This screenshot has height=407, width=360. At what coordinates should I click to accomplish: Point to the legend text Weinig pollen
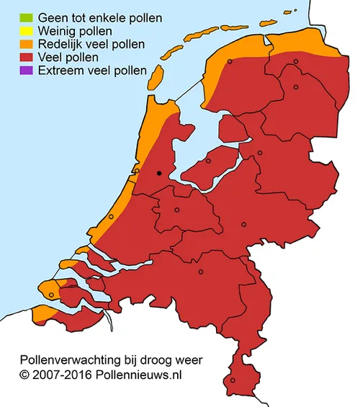(x=75, y=30)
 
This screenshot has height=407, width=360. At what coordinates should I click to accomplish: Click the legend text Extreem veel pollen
(x=92, y=71)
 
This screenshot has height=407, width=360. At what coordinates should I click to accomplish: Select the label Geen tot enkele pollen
(x=99, y=17)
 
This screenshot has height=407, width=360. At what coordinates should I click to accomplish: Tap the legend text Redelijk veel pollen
(x=91, y=44)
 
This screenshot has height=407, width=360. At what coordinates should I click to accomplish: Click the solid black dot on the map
(x=159, y=173)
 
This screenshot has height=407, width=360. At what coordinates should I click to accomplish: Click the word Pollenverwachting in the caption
(x=66, y=359)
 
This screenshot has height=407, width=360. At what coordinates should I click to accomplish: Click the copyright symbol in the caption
(x=24, y=375)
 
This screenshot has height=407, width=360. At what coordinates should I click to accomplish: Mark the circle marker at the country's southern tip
(x=232, y=380)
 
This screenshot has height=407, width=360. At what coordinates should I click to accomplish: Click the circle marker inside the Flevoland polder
(x=208, y=161)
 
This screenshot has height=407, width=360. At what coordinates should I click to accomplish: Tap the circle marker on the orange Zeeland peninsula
(x=53, y=293)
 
